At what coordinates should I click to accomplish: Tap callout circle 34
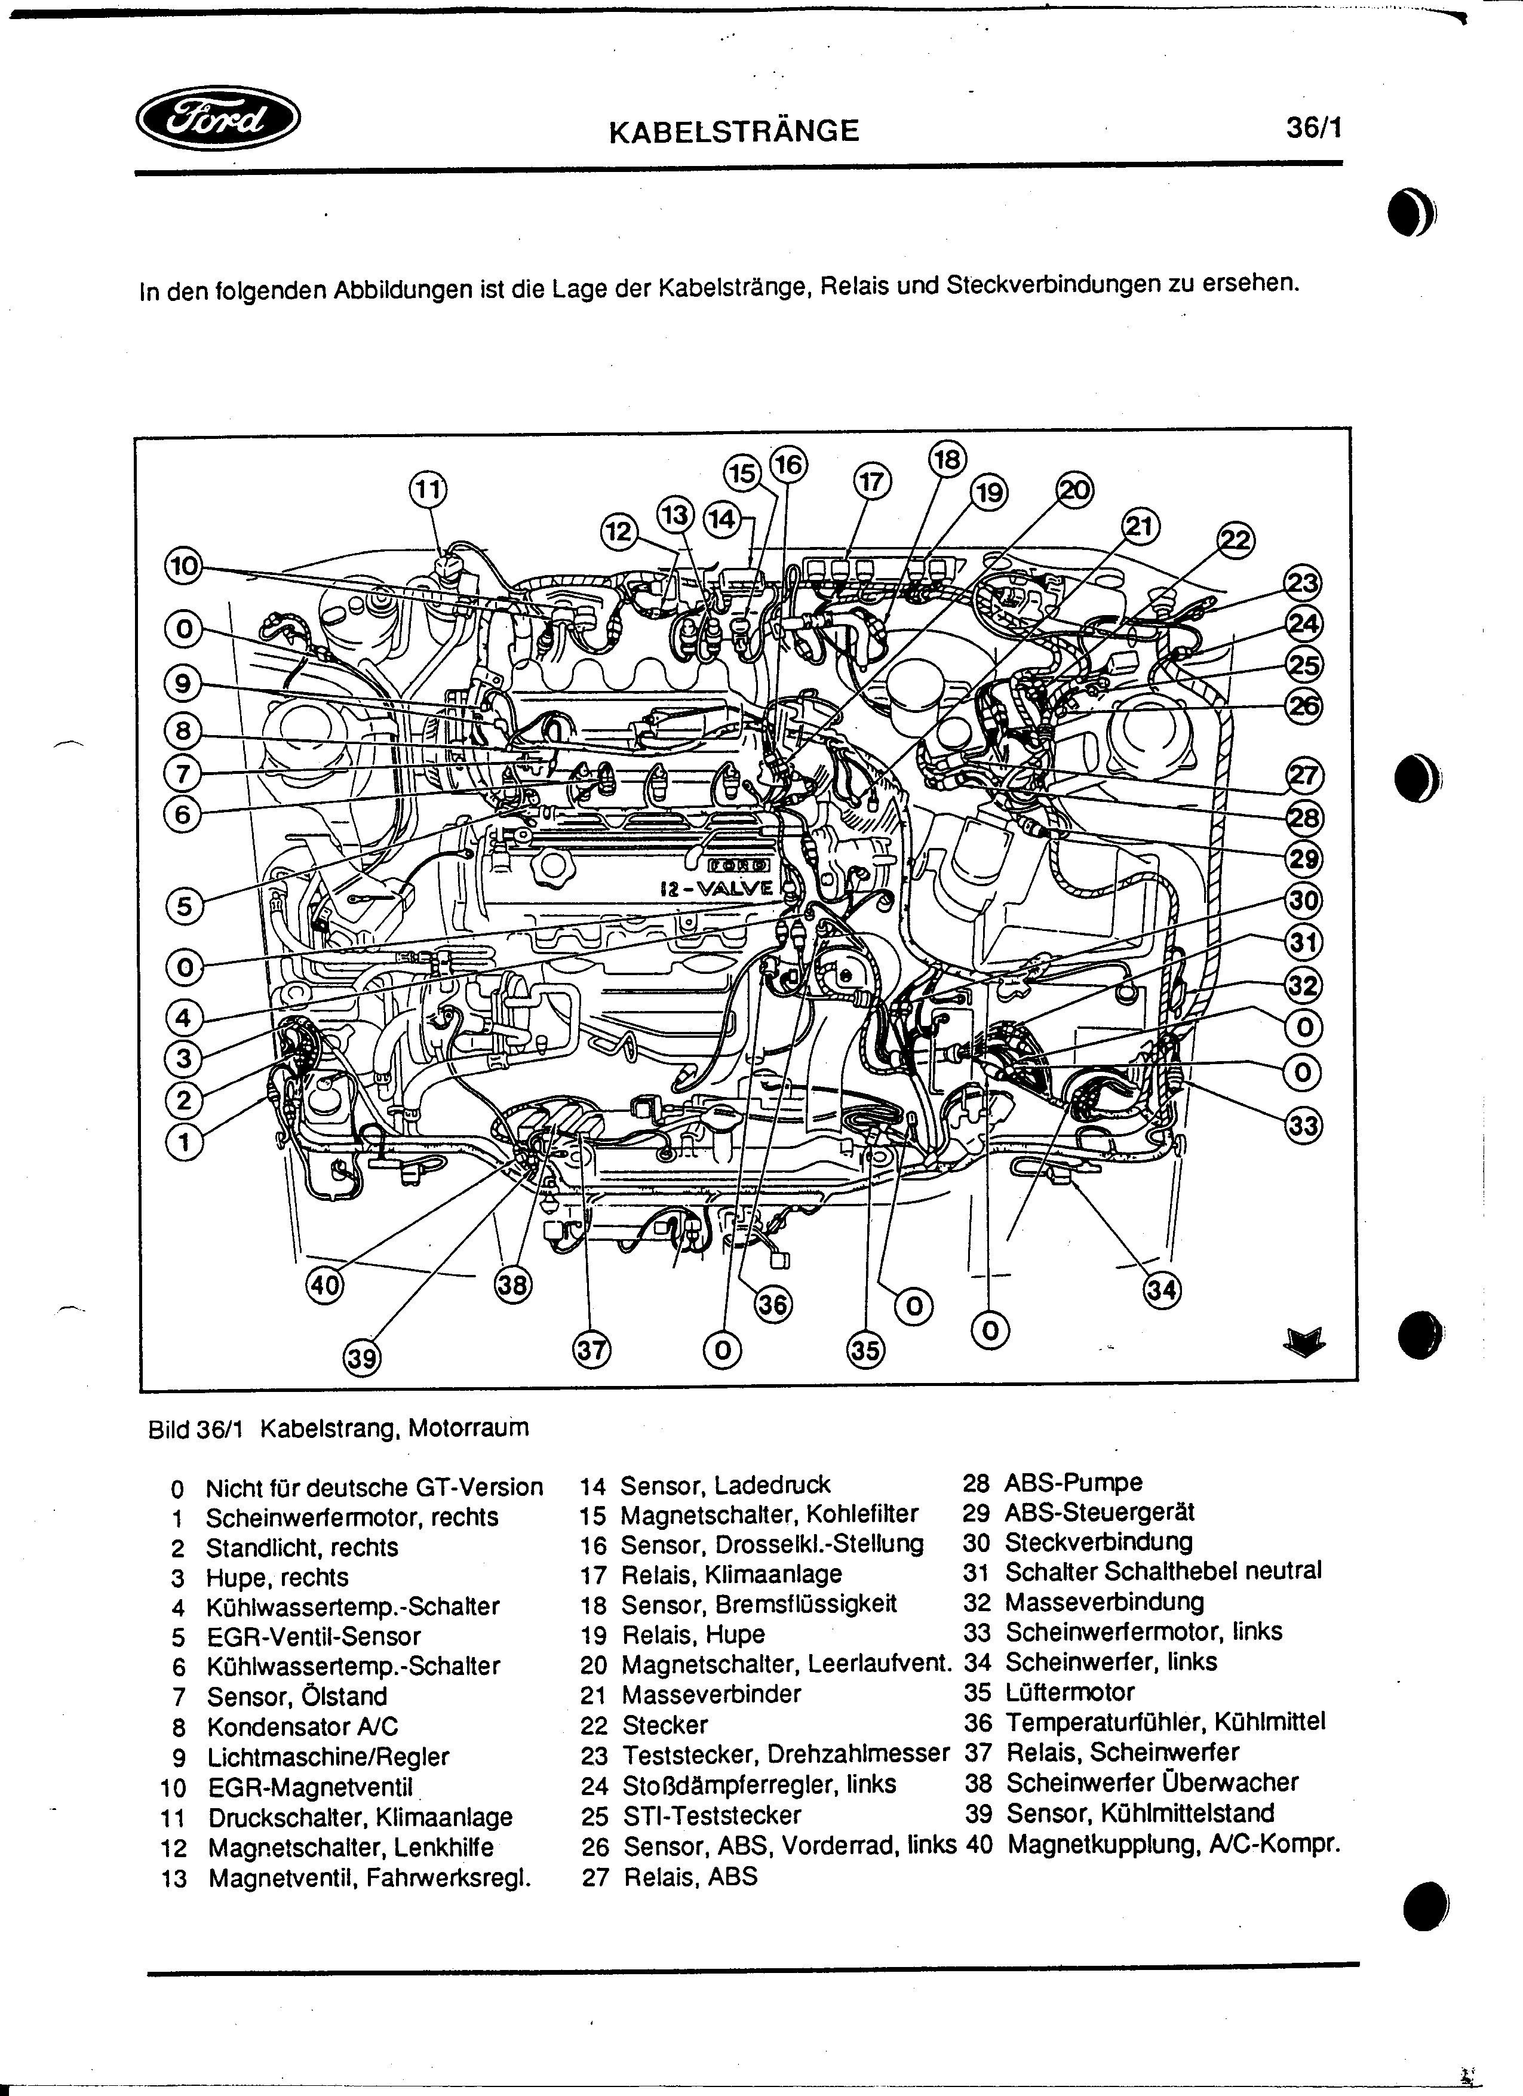(1163, 1289)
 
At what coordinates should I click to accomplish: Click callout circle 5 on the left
(184, 905)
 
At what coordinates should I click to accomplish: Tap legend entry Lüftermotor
(1069, 1692)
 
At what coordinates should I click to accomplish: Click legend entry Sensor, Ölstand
(297, 1697)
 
